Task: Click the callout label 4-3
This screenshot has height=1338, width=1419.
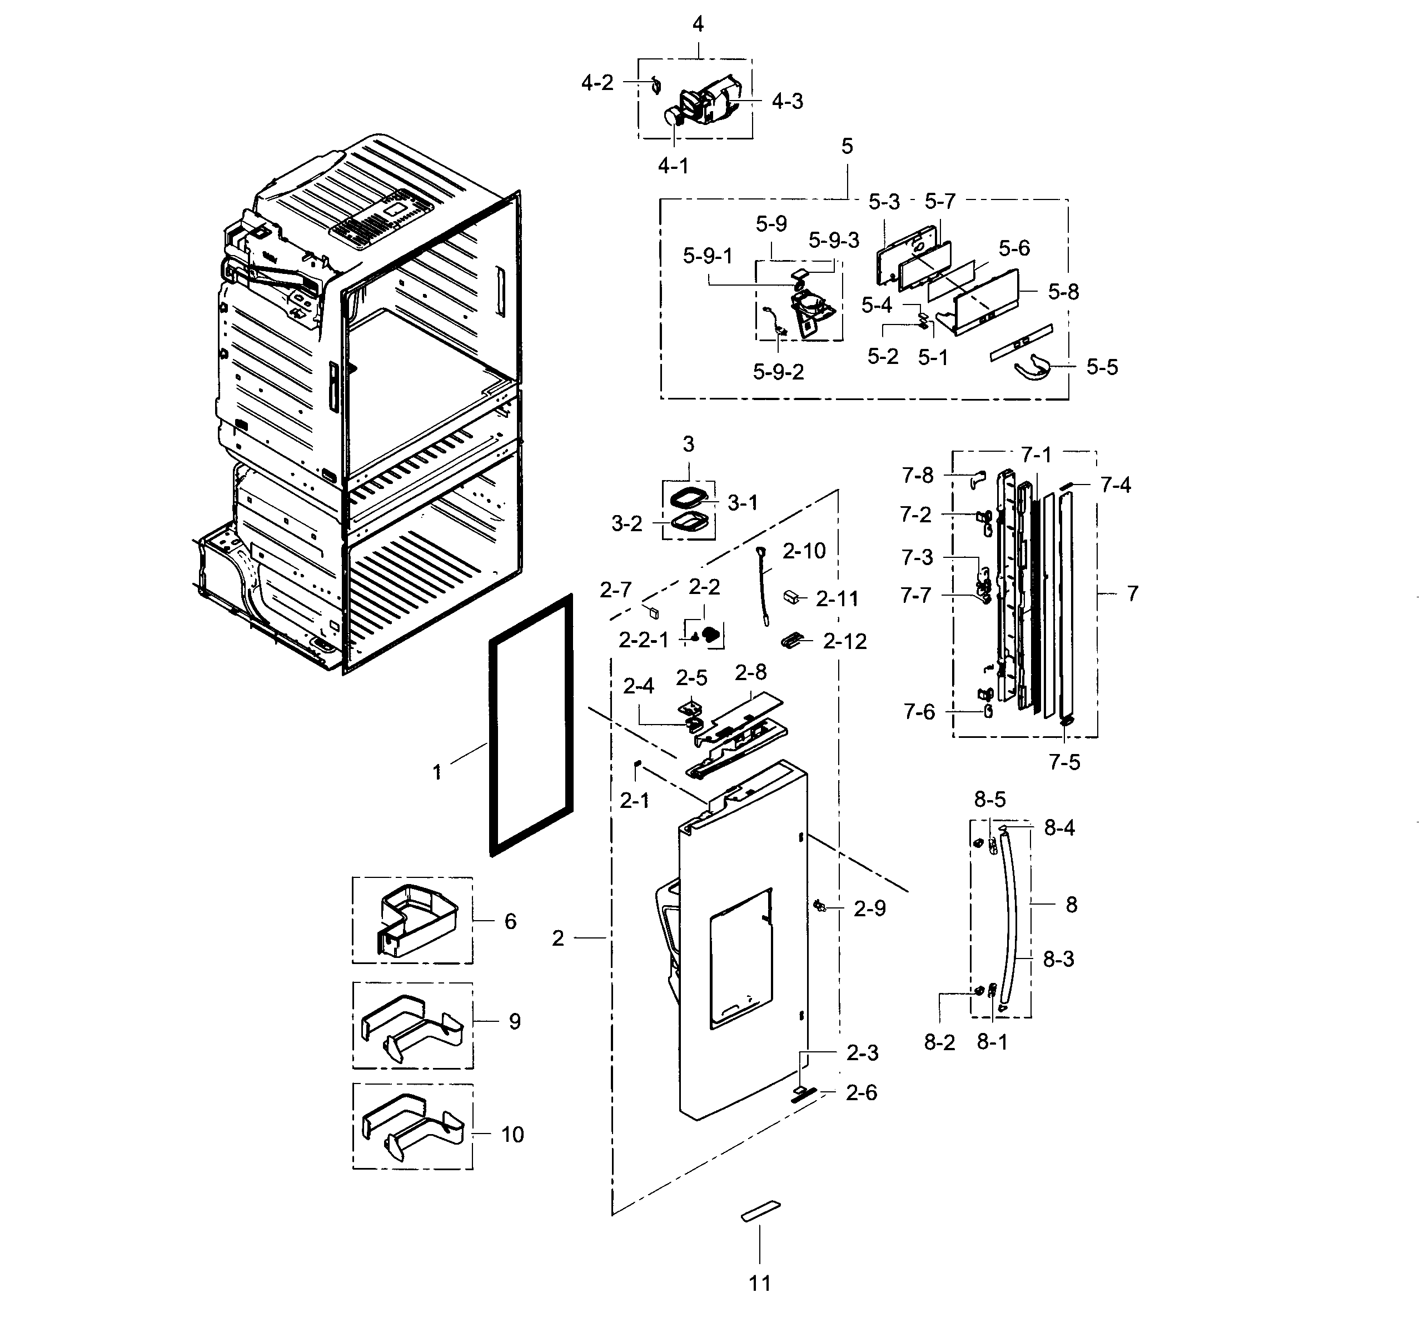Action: [786, 101]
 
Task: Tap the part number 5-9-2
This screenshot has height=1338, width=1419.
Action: [778, 372]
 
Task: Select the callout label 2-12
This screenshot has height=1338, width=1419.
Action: [844, 642]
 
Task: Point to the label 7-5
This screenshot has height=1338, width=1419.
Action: [1064, 762]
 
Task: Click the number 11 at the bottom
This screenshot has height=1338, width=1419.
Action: [759, 1283]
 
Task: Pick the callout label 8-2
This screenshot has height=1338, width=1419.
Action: [939, 1042]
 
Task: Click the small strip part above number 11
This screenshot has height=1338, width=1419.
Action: [761, 1211]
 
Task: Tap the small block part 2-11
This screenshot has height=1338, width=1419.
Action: [791, 597]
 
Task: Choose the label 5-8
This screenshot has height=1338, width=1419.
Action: [1063, 292]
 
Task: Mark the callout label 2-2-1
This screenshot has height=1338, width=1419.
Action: [643, 641]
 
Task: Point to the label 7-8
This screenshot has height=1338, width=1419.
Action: [917, 475]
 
